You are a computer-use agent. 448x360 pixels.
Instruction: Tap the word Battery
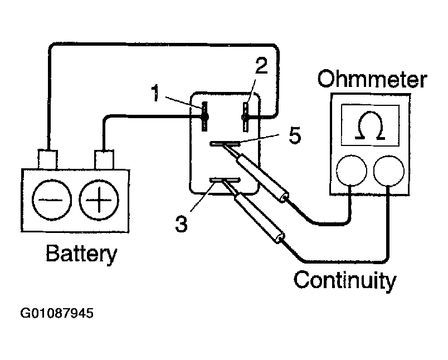[81, 253]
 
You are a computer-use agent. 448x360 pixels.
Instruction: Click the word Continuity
[345, 280]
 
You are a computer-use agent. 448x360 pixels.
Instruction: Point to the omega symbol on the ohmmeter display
[371, 125]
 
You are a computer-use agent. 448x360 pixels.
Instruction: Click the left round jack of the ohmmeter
[351, 171]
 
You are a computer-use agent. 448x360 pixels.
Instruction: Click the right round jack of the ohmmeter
[388, 171]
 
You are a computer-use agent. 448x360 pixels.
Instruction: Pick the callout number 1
[155, 93]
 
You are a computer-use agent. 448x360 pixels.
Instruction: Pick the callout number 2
[261, 66]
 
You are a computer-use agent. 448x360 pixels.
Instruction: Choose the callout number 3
[181, 223]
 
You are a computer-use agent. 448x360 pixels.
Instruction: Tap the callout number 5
[295, 135]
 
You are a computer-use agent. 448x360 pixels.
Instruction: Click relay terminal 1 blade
[204, 116]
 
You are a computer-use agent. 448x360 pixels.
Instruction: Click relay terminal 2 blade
[245, 117]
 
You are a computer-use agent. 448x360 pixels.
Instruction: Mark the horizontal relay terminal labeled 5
[225, 144]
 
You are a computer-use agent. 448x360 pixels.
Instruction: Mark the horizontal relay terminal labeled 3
[225, 180]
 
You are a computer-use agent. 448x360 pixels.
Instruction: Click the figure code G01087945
[57, 313]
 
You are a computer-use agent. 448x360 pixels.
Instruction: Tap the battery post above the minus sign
[48, 159]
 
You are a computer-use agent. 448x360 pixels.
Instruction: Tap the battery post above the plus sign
[104, 159]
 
